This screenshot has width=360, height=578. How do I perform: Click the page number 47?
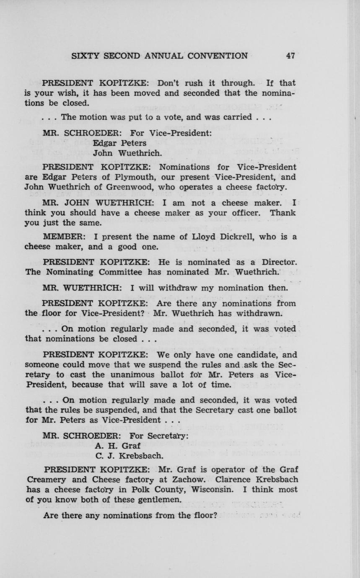click(290, 56)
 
